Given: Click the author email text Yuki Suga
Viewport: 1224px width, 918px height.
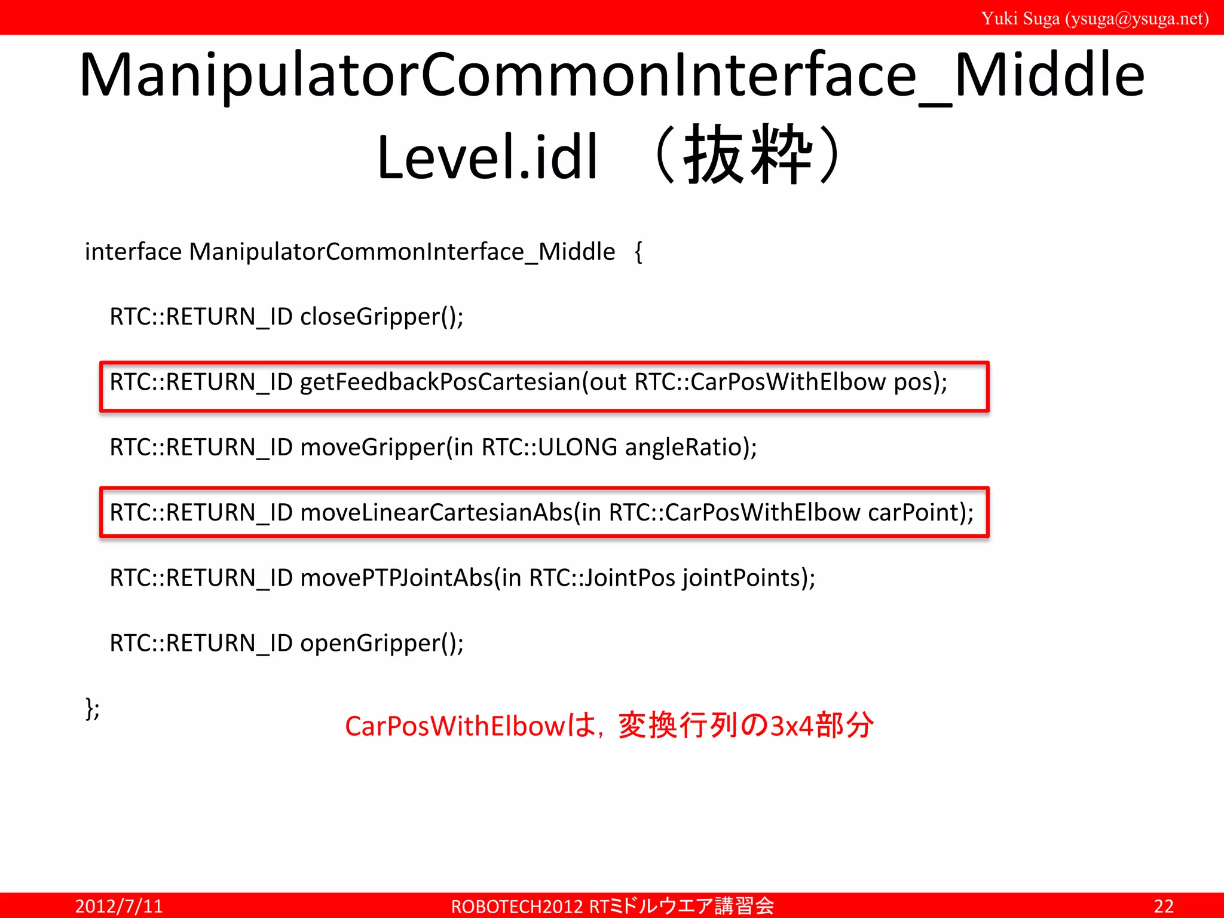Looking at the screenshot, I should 1095,19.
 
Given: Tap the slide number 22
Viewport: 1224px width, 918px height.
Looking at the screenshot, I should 1163,906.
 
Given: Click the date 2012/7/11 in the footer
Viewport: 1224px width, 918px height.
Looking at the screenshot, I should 119,906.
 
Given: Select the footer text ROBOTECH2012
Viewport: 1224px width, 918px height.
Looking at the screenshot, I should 517,907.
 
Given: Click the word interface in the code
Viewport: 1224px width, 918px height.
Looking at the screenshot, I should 133,252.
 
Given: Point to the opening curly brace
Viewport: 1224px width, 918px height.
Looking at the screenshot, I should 638,252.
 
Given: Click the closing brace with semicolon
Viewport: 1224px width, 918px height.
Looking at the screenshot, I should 92,709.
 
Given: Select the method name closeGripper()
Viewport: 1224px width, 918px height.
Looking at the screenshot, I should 381,317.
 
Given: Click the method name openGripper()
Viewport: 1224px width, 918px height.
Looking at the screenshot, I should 381,644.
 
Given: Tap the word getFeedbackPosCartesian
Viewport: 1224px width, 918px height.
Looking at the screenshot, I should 440,382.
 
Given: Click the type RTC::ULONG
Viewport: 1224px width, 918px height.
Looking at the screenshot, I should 549,448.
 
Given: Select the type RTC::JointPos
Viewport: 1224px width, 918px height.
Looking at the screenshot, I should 602,578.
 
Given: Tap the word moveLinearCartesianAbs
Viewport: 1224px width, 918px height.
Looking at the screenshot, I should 436,513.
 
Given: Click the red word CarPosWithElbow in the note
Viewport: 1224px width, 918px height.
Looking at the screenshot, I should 454,726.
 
